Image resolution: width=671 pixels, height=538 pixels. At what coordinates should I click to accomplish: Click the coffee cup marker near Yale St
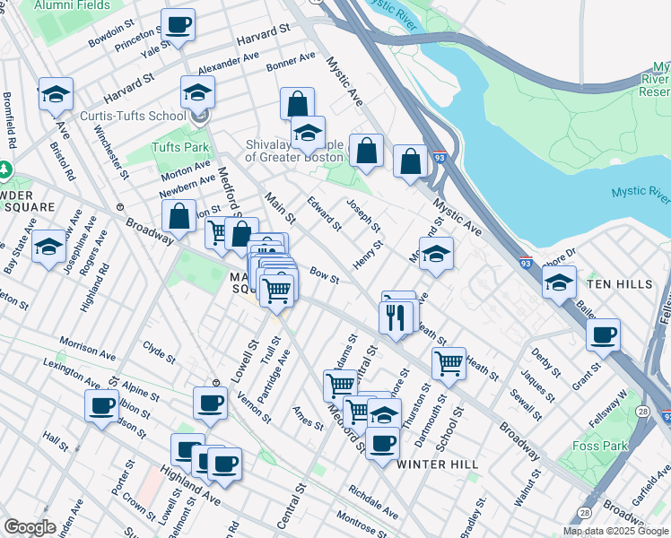178,25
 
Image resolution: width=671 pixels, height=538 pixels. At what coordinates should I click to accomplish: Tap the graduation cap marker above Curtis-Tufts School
198,91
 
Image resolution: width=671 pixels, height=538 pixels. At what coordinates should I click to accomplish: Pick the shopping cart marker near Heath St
449,363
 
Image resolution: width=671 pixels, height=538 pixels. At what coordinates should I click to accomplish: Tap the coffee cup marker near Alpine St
101,404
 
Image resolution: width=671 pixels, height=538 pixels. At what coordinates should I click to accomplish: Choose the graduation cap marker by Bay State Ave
48,247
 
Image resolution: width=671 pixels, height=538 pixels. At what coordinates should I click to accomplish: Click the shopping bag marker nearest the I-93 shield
410,162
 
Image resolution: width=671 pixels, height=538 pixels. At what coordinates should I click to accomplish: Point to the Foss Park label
595,445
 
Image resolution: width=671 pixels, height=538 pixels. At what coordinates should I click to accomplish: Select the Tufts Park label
179,147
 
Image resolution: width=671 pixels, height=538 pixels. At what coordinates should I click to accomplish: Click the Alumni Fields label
71,5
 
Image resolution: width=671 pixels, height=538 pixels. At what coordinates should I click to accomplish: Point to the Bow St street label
323,274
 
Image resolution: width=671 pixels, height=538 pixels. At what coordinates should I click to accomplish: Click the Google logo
30,527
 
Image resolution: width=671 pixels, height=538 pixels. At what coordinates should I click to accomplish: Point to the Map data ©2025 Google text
615,531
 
